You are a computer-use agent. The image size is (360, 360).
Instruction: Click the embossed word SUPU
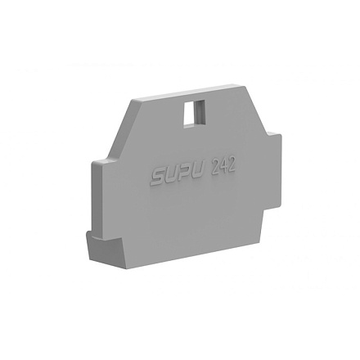click(178, 175)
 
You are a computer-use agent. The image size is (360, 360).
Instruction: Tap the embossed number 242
click(223, 166)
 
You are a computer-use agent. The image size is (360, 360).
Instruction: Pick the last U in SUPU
click(200, 172)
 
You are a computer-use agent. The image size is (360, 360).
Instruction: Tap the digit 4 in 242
click(223, 166)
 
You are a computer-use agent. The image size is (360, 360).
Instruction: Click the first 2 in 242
click(215, 168)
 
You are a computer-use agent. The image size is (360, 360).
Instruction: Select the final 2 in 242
click(231, 164)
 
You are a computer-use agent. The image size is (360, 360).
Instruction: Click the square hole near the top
click(194, 114)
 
